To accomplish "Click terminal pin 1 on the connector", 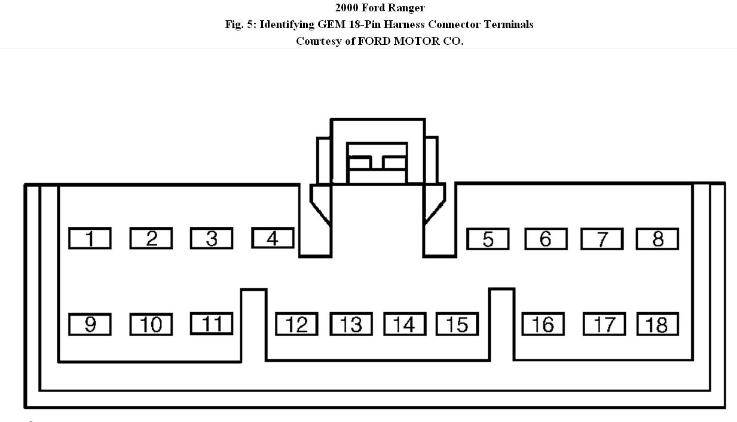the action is click(x=90, y=239).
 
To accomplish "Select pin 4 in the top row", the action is click(x=273, y=238).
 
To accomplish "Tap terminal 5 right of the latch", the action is click(x=488, y=239).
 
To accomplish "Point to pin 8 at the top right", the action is click(x=657, y=239).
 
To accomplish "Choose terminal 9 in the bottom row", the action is click(x=90, y=324).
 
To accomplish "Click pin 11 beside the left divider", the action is click(x=212, y=324).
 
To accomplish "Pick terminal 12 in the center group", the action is click(x=296, y=324).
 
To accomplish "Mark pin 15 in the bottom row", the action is click(x=457, y=324).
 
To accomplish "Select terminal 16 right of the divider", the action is click(x=543, y=324).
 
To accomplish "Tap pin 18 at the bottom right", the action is click(x=657, y=324).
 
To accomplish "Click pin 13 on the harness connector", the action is click(x=351, y=324).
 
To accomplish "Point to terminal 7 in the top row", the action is click(x=602, y=239).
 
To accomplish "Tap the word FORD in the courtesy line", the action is click(x=374, y=41).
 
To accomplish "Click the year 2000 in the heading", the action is click(x=347, y=8).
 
